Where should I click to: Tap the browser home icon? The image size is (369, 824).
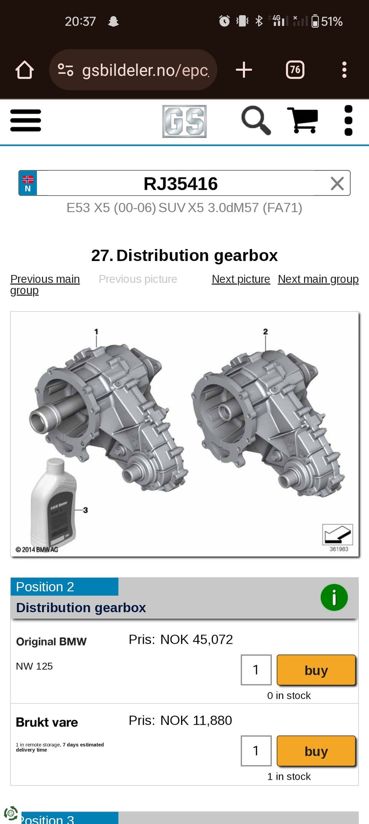point(25,70)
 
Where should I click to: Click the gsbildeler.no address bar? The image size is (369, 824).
point(133,70)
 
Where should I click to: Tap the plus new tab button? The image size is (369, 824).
point(244,70)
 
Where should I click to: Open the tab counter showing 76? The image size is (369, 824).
point(295,70)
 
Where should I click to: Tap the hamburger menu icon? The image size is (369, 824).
point(26,120)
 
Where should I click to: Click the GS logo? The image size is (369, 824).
point(184,121)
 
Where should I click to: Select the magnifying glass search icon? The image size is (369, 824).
point(256,120)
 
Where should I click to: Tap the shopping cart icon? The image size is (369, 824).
point(303,120)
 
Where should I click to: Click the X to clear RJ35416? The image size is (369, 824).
point(337,184)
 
